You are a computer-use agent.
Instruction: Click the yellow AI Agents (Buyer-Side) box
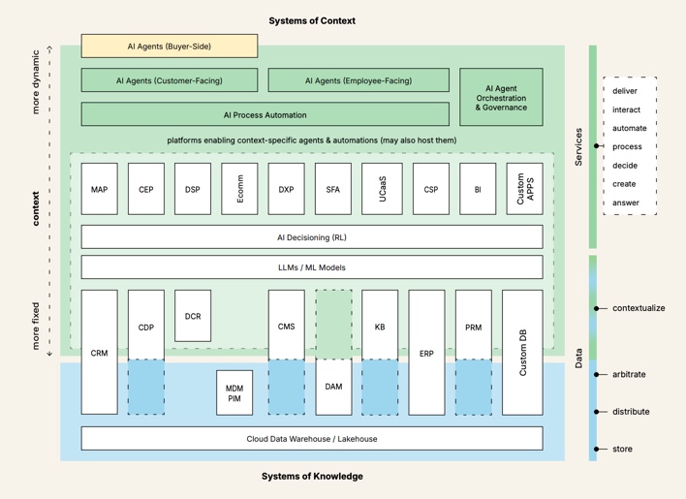coord(170,46)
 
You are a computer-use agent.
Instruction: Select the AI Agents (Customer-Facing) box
coord(170,80)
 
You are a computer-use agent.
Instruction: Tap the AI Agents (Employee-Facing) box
coord(359,80)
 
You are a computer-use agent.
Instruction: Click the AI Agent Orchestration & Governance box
coord(501,97)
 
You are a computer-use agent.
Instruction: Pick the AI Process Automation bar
coord(265,114)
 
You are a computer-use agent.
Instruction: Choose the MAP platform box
coord(99,189)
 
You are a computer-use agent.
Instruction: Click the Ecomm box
coord(239,189)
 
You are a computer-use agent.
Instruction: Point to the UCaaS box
coord(381,189)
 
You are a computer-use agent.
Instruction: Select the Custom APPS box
coord(524,189)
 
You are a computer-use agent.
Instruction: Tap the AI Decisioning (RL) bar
coord(311,236)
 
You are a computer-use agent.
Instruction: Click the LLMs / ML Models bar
coord(311,267)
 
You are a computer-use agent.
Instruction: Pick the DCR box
coord(193,316)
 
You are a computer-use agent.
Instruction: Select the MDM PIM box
coord(234,392)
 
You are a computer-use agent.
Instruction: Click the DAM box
coord(333,387)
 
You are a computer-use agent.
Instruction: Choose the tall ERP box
coord(426,353)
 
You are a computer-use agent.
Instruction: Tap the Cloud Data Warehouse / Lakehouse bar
coord(311,439)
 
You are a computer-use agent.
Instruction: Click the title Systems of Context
coord(312,20)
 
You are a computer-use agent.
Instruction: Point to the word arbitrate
coord(629,374)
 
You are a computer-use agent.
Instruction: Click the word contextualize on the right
coord(639,308)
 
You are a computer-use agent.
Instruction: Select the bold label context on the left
coord(36,208)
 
